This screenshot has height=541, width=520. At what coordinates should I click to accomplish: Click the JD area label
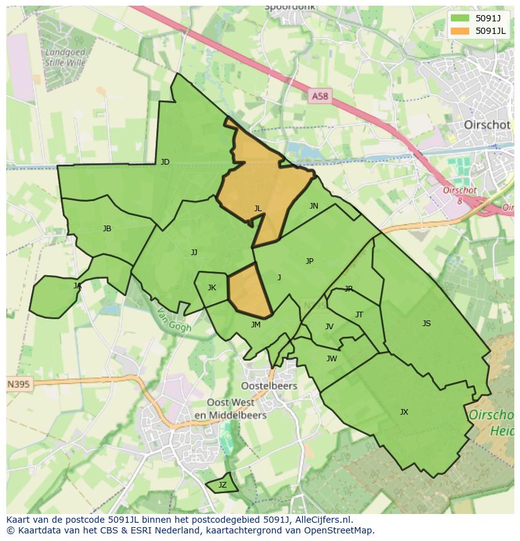click(165, 162)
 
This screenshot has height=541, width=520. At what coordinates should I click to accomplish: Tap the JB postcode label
click(107, 229)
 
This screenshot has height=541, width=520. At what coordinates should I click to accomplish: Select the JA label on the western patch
click(77, 286)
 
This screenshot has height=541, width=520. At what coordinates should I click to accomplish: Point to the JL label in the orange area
click(257, 209)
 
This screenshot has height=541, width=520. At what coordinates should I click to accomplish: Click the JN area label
click(313, 206)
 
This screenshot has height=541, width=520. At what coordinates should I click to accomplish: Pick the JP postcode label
click(309, 261)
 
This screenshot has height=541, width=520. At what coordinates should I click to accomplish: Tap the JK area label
click(212, 288)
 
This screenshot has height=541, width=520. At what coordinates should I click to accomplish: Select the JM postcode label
click(256, 325)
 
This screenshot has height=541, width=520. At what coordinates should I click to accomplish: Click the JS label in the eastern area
click(426, 324)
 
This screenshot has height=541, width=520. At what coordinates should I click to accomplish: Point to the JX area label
click(404, 412)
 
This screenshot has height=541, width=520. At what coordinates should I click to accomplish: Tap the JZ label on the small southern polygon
click(222, 485)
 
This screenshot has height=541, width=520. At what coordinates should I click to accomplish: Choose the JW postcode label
click(332, 359)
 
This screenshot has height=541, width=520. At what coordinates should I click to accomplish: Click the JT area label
click(359, 315)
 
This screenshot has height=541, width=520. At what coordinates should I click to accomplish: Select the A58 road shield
click(320, 96)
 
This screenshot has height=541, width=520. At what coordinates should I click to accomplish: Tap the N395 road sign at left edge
click(19, 384)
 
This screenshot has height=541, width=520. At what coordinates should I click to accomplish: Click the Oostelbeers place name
click(269, 386)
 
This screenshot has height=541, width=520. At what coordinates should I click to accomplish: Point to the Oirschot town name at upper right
click(487, 124)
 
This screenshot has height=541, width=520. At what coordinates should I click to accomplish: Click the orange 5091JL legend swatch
click(460, 31)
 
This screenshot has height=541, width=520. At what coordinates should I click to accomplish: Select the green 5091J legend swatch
click(460, 18)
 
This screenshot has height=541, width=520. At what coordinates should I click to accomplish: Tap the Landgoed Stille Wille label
click(65, 57)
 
